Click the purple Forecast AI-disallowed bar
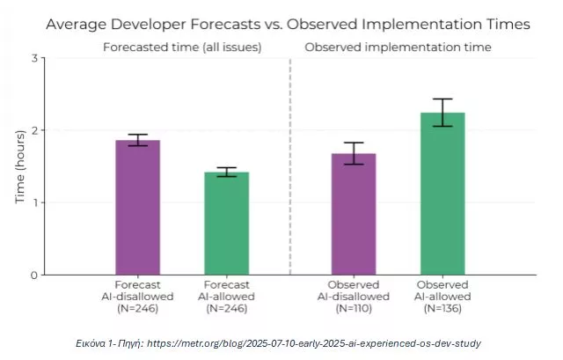pos(138,208)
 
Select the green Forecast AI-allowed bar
pos(227,224)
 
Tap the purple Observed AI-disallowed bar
pos(354,215)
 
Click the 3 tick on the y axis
pos(34,58)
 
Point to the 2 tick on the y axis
pos(34,130)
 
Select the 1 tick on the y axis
pos(34,202)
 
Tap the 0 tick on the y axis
pos(34,275)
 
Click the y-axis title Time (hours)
pos(19,166)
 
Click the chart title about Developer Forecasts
pos(288,24)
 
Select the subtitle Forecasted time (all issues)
pos(182,46)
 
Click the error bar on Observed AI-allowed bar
pos(442,113)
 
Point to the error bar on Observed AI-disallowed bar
pos(354,153)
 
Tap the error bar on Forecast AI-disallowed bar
pos(138,140)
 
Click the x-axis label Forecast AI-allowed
pos(227,297)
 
